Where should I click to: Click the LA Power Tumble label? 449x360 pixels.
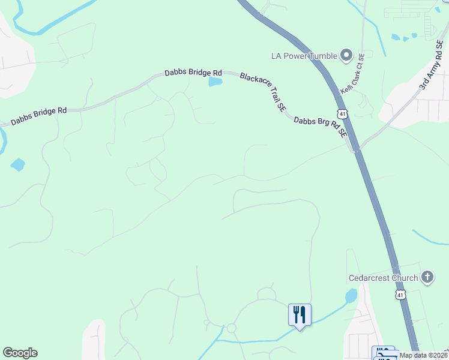tap(304, 56)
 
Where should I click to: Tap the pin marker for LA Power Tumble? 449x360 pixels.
tap(346, 56)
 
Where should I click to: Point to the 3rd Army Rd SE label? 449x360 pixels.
tap(433, 71)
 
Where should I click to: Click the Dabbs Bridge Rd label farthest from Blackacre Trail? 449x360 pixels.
tap(38, 115)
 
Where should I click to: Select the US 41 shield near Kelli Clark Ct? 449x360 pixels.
tap(341, 113)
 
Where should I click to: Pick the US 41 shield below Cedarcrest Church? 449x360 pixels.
tap(400, 295)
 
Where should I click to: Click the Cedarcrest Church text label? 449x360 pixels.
tap(384, 278)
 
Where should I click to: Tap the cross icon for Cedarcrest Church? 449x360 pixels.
tap(427, 277)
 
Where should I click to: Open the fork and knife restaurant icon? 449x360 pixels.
tap(300, 314)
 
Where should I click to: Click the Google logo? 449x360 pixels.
tap(20, 353)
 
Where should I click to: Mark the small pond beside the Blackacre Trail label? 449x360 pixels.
tap(215, 82)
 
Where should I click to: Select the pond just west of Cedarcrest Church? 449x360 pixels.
tap(351, 296)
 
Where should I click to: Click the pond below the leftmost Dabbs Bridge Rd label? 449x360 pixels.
tap(18, 164)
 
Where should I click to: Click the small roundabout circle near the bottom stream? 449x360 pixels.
tap(231, 328)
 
